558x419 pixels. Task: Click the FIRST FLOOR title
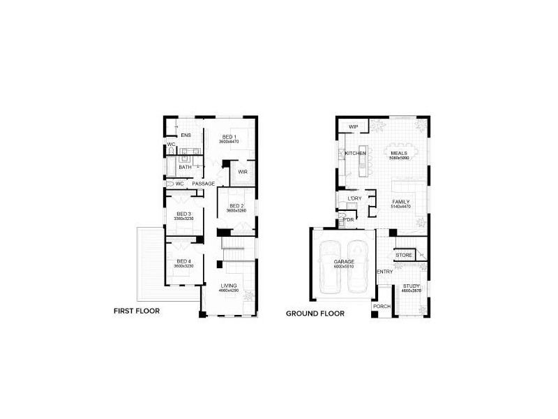point(137,312)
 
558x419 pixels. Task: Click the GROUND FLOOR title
point(315,314)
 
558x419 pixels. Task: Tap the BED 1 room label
point(229,136)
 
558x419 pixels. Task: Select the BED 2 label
point(235,206)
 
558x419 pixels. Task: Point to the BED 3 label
point(183,214)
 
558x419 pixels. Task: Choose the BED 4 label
point(183,261)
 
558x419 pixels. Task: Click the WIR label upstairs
point(243,171)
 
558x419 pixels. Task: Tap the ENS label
point(186,135)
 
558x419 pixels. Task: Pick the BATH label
point(185,167)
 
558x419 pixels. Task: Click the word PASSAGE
point(204,184)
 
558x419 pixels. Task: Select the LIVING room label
point(229,286)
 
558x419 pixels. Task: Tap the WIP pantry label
point(353,126)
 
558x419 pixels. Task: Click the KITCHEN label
point(356,153)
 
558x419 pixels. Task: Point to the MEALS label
point(399,153)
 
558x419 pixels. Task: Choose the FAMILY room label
point(400,202)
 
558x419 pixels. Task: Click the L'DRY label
point(354,199)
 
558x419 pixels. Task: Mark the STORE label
point(404,256)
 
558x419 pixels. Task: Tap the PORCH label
point(382,306)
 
